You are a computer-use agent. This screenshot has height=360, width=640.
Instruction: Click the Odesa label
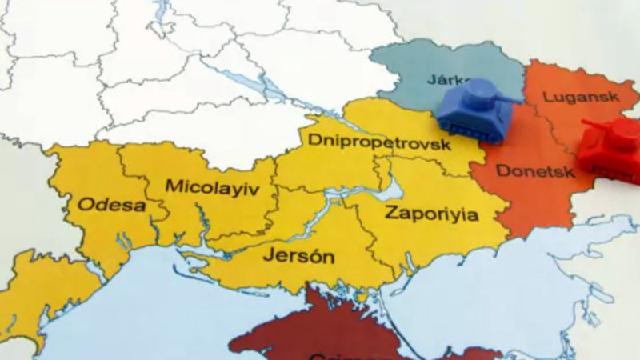coord(111,205)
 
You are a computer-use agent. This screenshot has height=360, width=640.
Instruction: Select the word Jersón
coord(298,257)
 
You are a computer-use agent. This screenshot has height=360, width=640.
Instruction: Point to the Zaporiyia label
coord(431,214)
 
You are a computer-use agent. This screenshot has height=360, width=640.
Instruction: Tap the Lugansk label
coord(570,97)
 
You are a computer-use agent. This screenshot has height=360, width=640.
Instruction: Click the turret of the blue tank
coord(479,94)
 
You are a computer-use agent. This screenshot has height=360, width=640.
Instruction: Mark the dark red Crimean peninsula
coord(320,332)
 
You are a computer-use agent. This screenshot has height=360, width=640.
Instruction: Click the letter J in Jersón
coord(268,257)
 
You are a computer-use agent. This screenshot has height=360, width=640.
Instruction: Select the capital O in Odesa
coord(84,205)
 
